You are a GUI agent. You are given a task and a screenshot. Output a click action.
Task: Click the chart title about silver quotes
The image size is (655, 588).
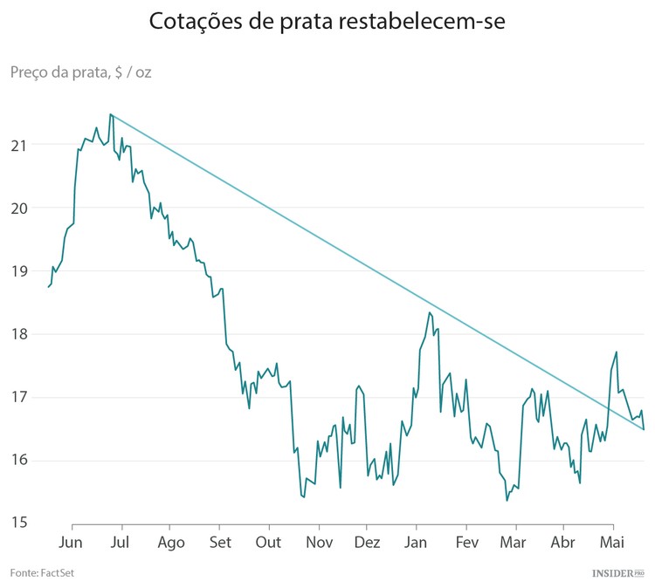[327, 22]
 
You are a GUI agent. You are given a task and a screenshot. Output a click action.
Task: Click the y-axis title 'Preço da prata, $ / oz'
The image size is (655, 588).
[81, 72]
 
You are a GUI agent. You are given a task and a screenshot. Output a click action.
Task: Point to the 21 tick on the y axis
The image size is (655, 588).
[18, 145]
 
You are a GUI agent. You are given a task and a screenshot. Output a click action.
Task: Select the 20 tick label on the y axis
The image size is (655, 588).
[18, 209]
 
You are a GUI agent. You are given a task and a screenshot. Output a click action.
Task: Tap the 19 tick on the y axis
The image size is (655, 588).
[18, 271]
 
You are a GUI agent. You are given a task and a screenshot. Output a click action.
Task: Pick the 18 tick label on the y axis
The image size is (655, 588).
[18, 334]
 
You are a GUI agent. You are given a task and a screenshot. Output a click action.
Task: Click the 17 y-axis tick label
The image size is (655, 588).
[18, 398]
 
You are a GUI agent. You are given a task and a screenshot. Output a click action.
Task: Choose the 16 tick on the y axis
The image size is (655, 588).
[18, 461]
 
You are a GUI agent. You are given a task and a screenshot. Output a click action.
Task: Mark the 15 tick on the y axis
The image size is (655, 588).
[18, 523]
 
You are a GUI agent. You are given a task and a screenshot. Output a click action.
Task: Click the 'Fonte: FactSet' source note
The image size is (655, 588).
[42, 572]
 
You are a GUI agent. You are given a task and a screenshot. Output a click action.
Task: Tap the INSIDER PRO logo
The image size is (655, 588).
[617, 572]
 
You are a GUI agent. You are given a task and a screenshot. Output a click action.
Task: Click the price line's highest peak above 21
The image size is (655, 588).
[110, 114]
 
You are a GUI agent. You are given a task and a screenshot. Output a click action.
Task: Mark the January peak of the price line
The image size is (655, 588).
[430, 312]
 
